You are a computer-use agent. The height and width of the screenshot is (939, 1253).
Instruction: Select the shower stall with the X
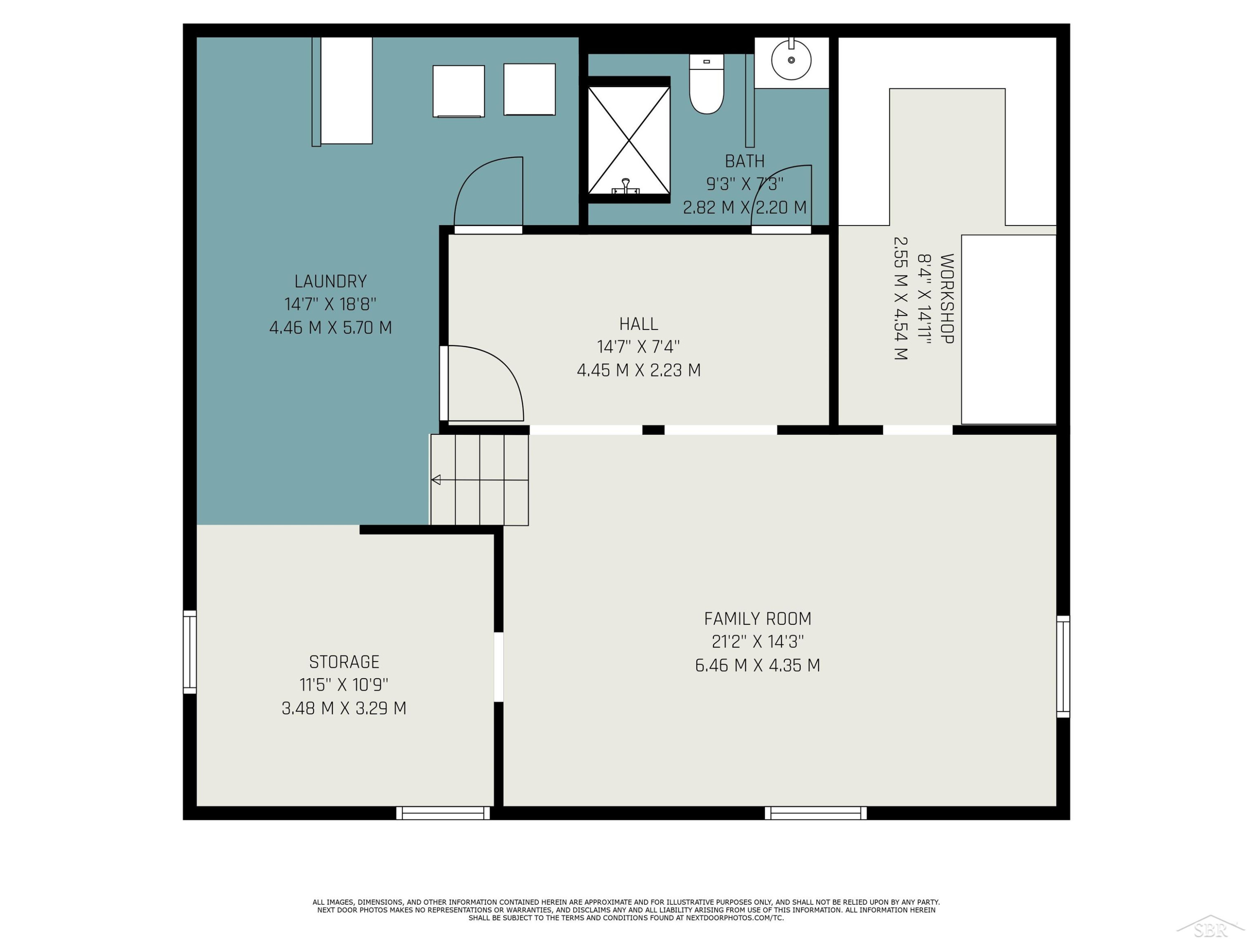pyautogui.click(x=629, y=140)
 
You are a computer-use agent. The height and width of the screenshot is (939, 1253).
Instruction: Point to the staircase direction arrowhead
pyautogui.click(x=436, y=480)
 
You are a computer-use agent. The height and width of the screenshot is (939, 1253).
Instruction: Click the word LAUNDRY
pyautogui.click(x=331, y=281)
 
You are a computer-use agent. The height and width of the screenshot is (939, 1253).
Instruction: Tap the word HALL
pyautogui.click(x=638, y=324)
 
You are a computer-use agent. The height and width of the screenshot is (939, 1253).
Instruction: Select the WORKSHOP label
pyautogui.click(x=946, y=298)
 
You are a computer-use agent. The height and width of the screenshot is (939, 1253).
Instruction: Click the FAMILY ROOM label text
pyautogui.click(x=757, y=618)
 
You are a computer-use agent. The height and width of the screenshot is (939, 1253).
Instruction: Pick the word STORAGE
pyautogui.click(x=344, y=661)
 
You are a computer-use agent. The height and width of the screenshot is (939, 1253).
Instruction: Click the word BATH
pyautogui.click(x=744, y=162)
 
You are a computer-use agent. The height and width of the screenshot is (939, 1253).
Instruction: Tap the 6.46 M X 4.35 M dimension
pyautogui.click(x=757, y=665)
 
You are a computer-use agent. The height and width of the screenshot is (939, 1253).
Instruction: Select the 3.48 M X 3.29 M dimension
pyautogui.click(x=344, y=708)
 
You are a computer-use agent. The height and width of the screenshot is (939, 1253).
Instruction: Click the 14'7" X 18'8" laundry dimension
pyautogui.click(x=331, y=305)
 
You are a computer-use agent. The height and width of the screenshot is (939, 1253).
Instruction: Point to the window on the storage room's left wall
pyautogui.click(x=190, y=652)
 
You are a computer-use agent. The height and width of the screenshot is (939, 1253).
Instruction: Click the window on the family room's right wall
pyautogui.click(x=1063, y=667)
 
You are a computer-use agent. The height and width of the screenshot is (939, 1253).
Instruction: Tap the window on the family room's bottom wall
pyautogui.click(x=816, y=813)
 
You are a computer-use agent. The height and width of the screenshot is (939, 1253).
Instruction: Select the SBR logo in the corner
pyautogui.click(x=1210, y=926)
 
